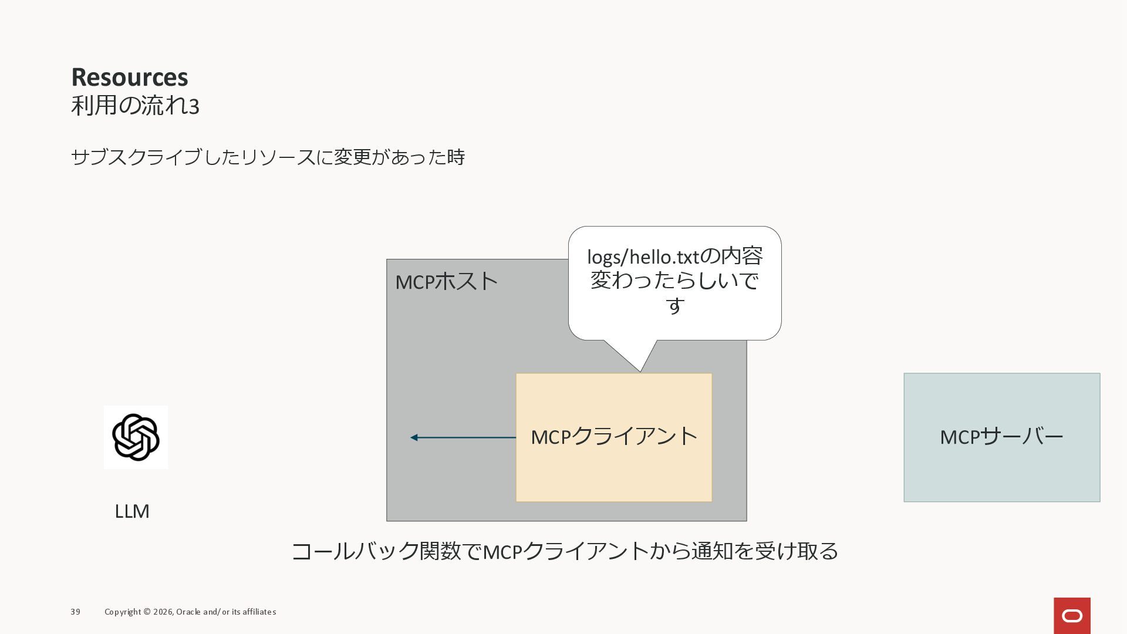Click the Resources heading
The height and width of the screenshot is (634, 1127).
point(130,77)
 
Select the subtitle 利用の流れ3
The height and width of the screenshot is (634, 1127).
point(135,106)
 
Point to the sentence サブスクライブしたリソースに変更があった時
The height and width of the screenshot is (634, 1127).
point(268,157)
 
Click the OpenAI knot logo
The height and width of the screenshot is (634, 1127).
point(136,437)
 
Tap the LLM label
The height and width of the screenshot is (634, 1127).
point(132,511)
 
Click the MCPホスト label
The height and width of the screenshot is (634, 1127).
point(446,282)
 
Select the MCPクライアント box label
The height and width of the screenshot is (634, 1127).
point(614,437)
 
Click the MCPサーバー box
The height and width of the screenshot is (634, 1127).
point(1001,437)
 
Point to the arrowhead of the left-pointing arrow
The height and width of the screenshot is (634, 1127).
point(414,437)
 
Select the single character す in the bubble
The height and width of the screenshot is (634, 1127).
point(675,305)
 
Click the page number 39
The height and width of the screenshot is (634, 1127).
point(75,612)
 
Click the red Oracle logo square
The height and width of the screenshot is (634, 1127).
point(1072,615)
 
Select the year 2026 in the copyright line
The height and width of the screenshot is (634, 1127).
point(163,612)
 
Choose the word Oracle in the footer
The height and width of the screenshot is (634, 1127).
point(188,612)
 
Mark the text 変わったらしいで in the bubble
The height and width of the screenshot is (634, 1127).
point(675,281)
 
